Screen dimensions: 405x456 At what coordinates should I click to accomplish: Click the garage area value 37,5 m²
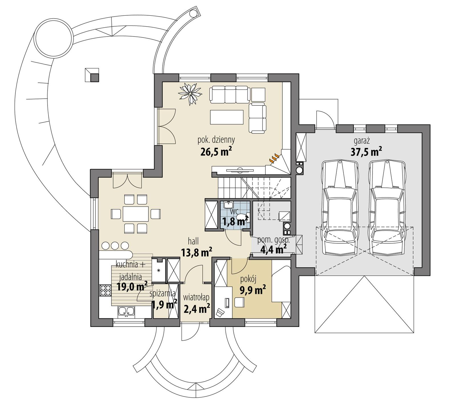pyautogui.click(x=366, y=152)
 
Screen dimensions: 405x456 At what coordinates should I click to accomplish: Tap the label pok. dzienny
pyautogui.click(x=216, y=140)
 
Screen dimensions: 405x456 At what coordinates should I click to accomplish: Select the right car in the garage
pyautogui.click(x=387, y=207)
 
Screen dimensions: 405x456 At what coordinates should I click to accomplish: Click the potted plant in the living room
pyautogui.click(x=190, y=93)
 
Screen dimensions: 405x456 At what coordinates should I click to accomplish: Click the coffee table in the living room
pyautogui.click(x=227, y=117)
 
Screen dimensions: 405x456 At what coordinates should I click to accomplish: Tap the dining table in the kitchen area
pyautogui.click(x=136, y=214)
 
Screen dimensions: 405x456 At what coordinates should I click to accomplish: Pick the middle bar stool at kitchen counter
pyautogui.click(x=115, y=245)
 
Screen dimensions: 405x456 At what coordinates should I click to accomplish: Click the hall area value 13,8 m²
pyautogui.click(x=196, y=252)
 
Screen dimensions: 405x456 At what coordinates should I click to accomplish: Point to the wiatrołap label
pyautogui.click(x=196, y=298)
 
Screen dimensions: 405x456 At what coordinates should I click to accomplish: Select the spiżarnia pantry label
pyautogui.click(x=162, y=294)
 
